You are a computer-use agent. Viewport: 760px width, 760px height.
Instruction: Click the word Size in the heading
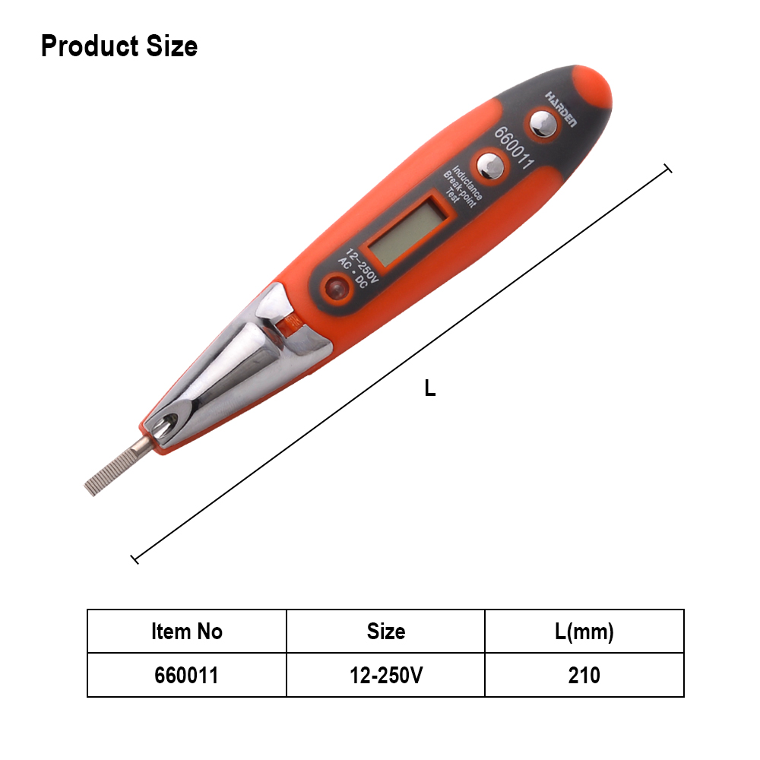172,46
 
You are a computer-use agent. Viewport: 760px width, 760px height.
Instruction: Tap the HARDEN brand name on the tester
562,109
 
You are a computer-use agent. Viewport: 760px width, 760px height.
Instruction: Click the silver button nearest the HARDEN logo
543,124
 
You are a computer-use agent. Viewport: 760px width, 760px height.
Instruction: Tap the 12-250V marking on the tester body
362,265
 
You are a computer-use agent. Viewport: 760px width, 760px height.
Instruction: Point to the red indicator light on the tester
336,288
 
